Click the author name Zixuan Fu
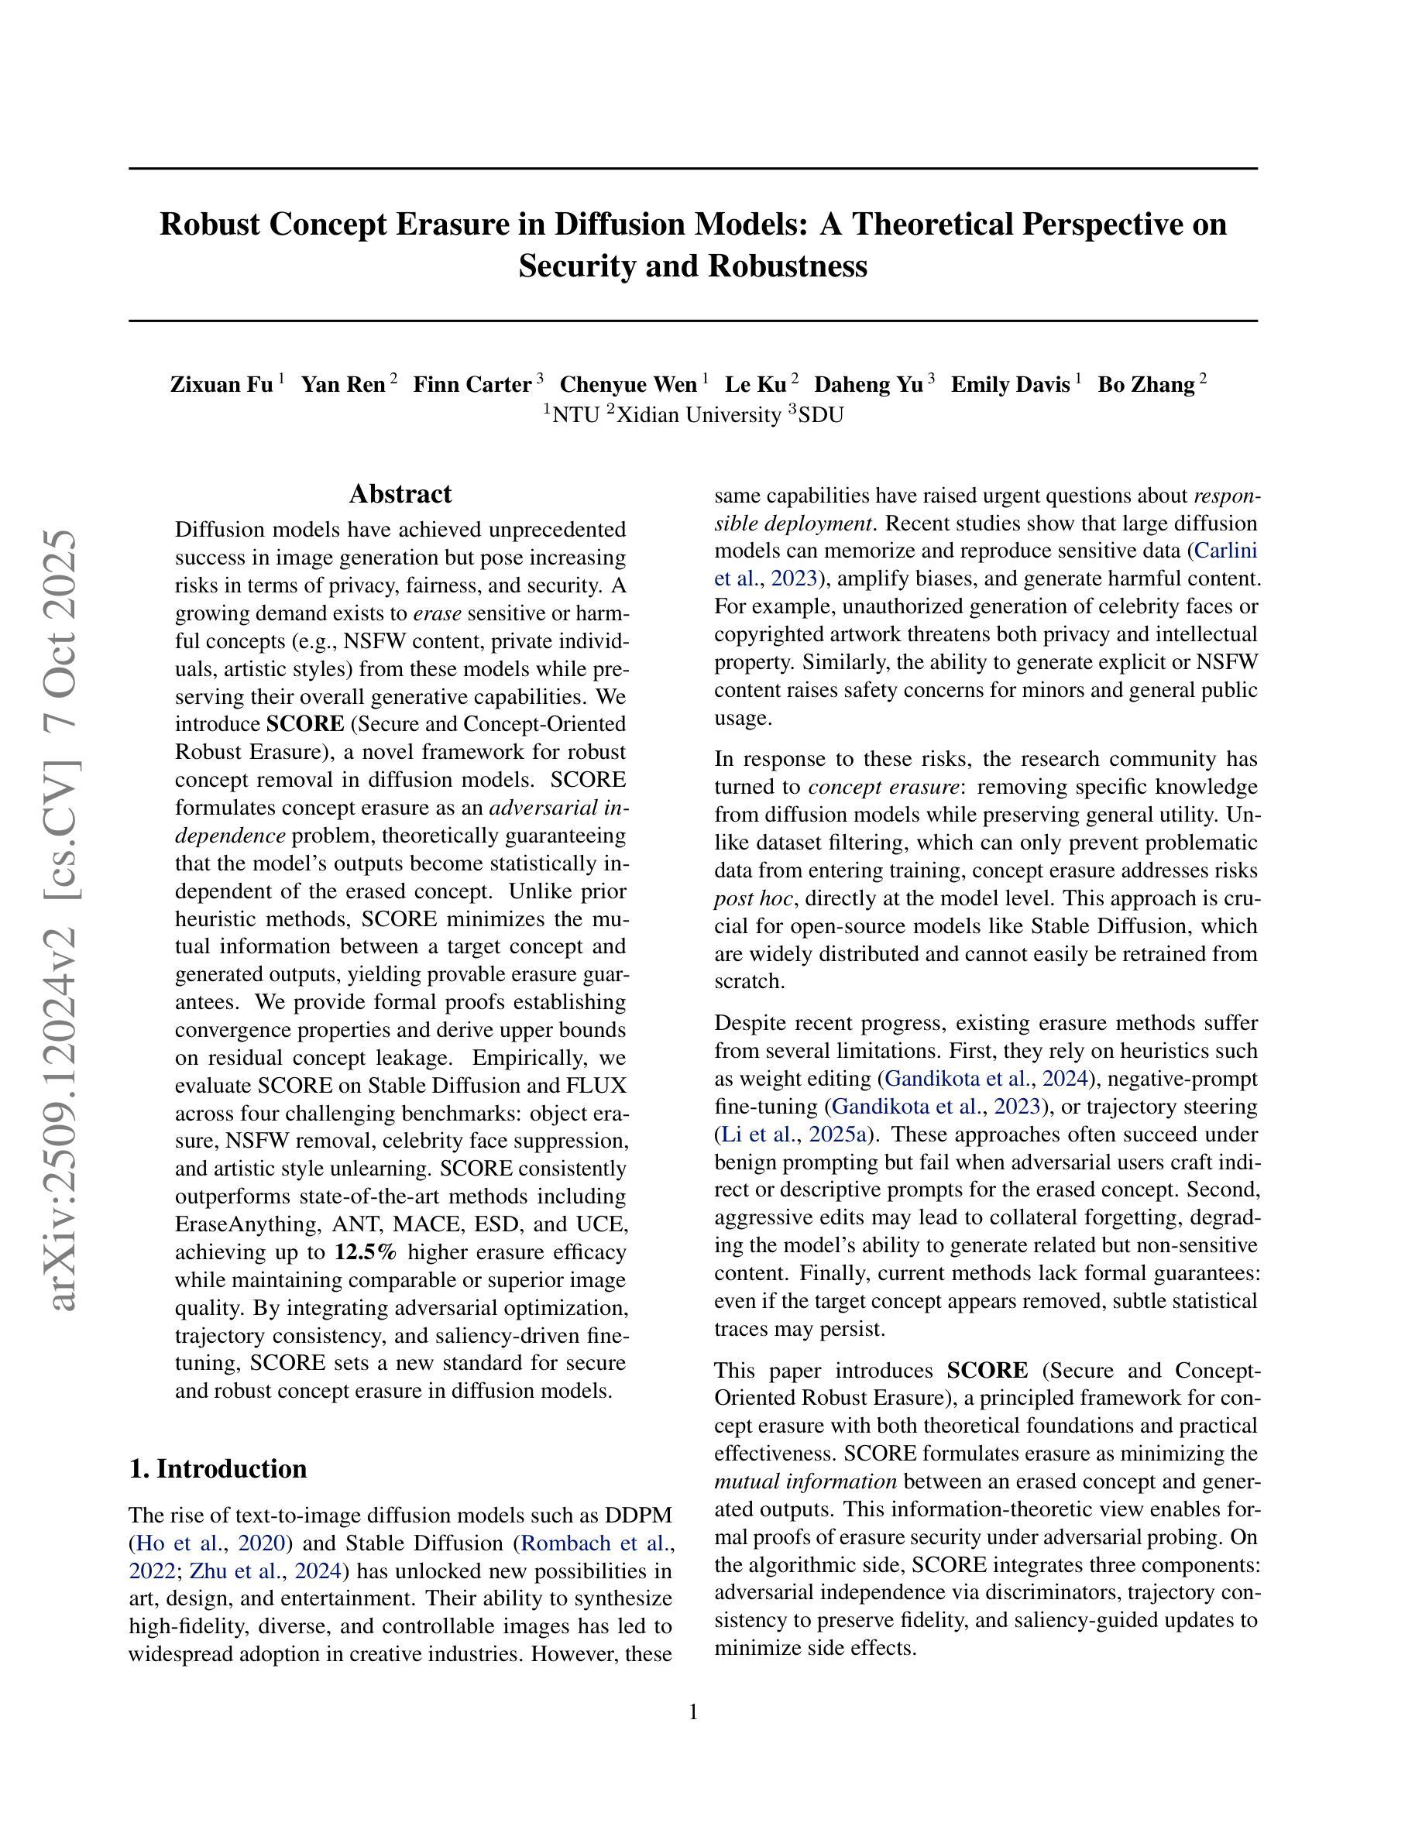(222, 385)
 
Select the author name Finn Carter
(472, 385)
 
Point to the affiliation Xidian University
(699, 415)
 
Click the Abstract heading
(400, 494)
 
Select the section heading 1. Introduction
(218, 1468)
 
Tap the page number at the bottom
(693, 1713)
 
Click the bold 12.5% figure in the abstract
(365, 1252)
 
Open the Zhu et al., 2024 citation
(266, 1571)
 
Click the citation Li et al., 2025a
(795, 1134)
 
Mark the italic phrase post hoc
(752, 898)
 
